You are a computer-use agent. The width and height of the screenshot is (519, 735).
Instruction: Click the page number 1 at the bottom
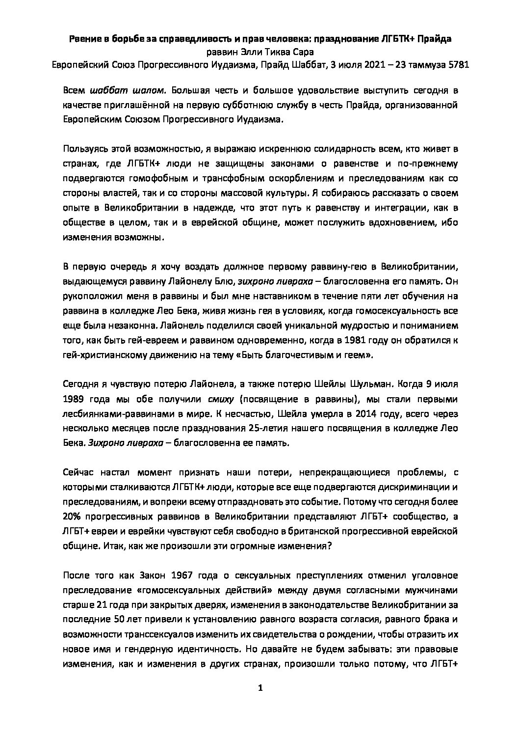point(260,688)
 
